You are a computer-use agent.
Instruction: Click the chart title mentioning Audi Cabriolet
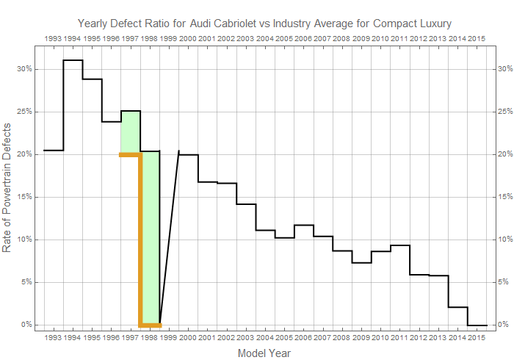[x=264, y=24]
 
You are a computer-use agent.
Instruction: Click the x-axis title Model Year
[x=264, y=353]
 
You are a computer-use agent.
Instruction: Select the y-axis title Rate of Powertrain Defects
[x=8, y=197]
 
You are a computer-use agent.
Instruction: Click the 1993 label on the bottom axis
[x=54, y=337]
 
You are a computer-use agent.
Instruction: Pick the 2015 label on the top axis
[x=475, y=37]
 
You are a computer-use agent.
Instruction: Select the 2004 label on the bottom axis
[x=264, y=337]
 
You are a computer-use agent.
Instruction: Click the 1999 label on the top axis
[x=168, y=37]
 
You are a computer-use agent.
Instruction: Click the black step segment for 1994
[x=73, y=60]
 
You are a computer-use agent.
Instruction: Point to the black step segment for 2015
[x=477, y=325]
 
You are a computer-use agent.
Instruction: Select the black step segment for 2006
[x=303, y=225]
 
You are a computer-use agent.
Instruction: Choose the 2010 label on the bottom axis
[x=380, y=337]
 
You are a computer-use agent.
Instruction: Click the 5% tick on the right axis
[x=503, y=282]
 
